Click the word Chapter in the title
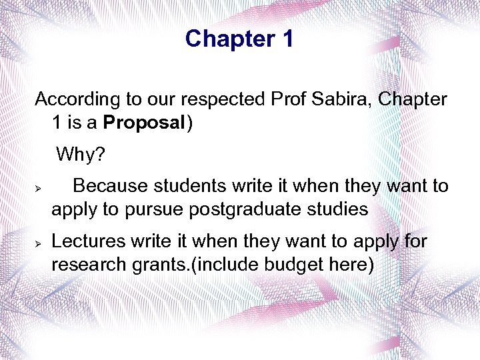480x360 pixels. point(229,39)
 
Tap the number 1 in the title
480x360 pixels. point(286,39)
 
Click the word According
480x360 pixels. point(73,100)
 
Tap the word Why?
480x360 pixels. point(81,155)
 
